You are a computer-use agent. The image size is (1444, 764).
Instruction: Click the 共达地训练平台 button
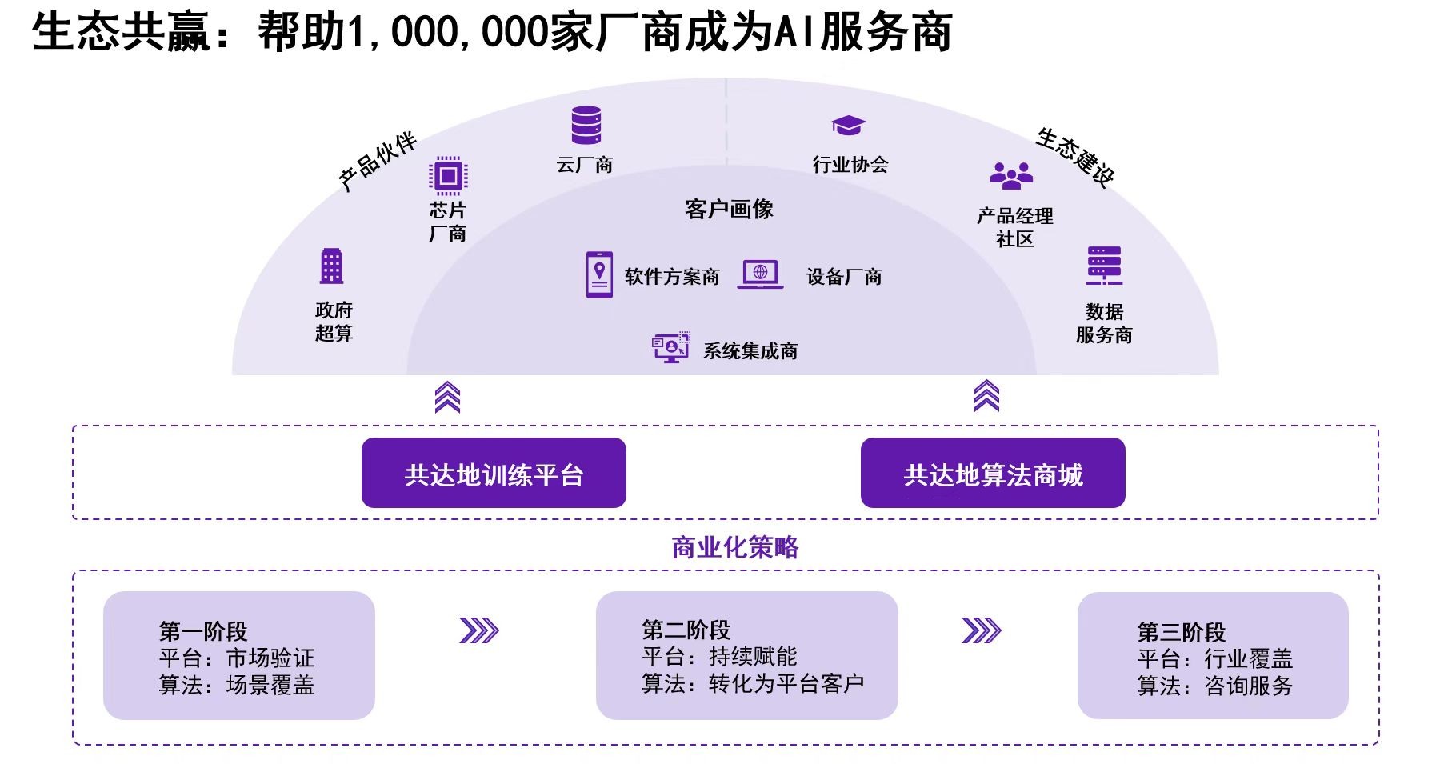[494, 473]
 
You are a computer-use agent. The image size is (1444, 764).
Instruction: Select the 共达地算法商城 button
[992, 473]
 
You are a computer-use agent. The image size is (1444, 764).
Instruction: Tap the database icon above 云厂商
[586, 126]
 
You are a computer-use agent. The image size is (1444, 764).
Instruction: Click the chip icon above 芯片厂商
[448, 175]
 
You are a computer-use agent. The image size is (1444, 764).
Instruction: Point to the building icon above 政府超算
[331, 266]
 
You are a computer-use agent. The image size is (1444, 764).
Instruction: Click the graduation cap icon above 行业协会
[848, 126]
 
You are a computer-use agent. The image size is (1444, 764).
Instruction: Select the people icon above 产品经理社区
[1011, 175]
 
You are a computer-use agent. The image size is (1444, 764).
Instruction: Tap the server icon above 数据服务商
[1104, 266]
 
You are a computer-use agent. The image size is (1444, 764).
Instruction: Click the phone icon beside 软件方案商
[599, 274]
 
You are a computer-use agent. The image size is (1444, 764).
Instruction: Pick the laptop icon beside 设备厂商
[760, 274]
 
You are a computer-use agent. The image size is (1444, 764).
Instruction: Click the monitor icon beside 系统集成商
[670, 348]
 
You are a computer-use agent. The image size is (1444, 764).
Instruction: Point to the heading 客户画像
[729, 210]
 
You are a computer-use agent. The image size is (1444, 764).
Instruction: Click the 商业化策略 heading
[734, 547]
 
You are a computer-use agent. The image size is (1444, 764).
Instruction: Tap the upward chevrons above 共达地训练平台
[447, 397]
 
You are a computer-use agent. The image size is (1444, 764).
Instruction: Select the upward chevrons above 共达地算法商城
[986, 396]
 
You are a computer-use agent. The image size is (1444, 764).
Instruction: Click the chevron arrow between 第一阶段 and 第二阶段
[478, 630]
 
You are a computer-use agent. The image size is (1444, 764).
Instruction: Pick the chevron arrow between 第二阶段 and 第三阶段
[981, 630]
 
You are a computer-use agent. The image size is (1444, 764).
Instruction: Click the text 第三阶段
[1181, 632]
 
